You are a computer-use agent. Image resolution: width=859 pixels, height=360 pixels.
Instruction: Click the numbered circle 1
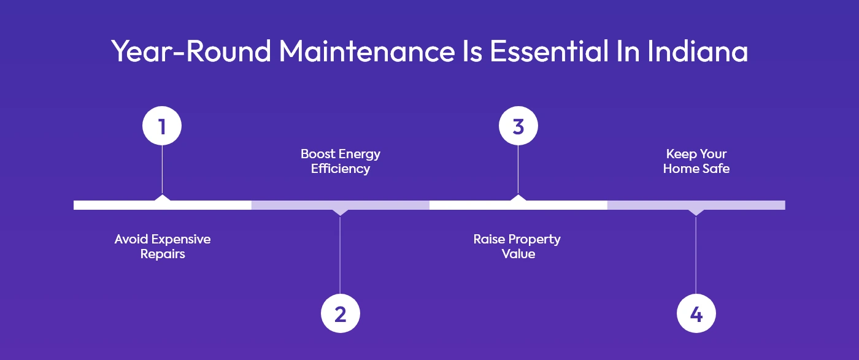click(162, 126)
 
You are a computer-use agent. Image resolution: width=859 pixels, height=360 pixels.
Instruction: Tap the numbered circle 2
click(340, 314)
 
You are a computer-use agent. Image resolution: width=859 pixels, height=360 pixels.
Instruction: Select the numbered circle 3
click(518, 126)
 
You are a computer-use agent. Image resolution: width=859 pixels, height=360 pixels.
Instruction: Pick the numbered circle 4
click(696, 314)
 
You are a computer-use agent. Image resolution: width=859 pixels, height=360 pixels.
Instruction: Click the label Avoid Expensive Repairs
click(163, 246)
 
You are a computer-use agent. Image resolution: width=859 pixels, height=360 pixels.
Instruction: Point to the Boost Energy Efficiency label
click(340, 161)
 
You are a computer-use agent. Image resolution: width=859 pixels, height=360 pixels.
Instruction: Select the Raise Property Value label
click(517, 246)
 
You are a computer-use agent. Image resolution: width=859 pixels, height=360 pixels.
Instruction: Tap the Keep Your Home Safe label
click(696, 161)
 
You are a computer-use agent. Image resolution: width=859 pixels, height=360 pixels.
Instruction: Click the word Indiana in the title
click(698, 52)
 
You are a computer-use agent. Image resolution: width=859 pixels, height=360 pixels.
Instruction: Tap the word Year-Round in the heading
click(191, 52)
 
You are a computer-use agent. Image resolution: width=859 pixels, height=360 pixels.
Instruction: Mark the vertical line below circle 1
click(162, 170)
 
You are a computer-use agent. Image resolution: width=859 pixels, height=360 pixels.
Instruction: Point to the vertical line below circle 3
click(518, 170)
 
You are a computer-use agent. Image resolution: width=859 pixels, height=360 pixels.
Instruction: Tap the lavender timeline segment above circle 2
click(295, 205)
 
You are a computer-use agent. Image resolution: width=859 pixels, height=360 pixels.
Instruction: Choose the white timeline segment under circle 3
click(472, 205)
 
